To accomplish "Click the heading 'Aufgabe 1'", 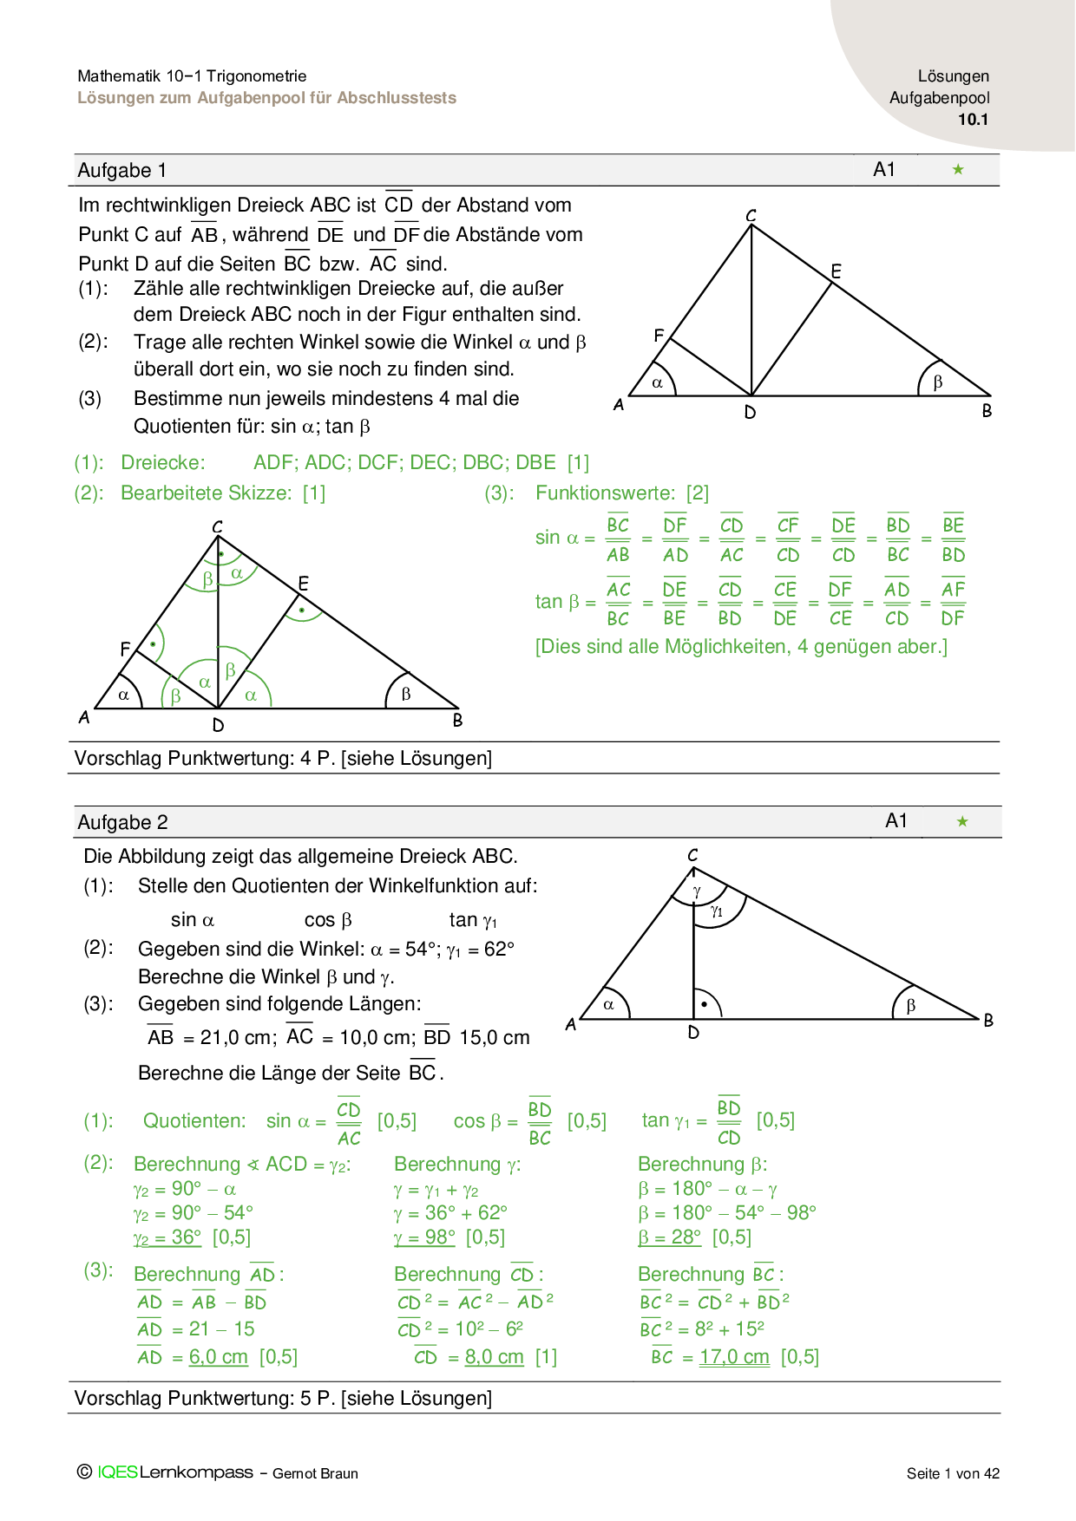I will coord(121,170).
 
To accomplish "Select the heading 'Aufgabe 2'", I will coord(122,822).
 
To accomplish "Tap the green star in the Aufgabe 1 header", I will coord(958,169).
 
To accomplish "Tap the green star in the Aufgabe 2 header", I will coord(961,821).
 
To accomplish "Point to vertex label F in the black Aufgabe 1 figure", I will coord(659,336).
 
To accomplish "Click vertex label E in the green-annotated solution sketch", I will coord(303,584).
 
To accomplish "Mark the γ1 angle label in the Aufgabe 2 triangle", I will coord(717,911).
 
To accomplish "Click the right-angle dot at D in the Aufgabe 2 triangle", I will coord(705,1005).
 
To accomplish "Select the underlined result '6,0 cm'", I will coord(219,1357).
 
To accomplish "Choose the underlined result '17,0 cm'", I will coord(734,1357).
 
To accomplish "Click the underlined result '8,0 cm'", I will coord(495,1357).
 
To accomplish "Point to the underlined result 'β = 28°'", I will coord(669,1237).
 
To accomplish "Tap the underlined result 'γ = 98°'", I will coord(424,1237).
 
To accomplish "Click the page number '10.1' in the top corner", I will coord(973,120).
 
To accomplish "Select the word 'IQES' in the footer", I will coord(117,1472).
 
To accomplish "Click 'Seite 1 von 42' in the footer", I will coord(953,1473).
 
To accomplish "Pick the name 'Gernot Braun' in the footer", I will coord(315,1473).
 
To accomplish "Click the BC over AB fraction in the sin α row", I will coord(618,539).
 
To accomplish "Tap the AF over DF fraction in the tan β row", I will coord(953,604).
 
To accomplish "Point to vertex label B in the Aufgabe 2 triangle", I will coord(988,1021).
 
